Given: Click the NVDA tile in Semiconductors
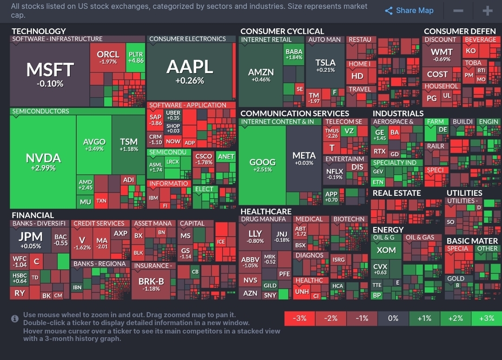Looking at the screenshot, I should tap(43, 161).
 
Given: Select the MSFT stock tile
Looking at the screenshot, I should tap(50, 74).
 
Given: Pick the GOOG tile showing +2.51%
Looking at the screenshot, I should tap(263, 165).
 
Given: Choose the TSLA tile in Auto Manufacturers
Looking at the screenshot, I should tap(325, 65).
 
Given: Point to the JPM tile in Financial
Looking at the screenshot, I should tap(30, 240).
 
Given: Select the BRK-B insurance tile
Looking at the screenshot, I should tap(151, 284).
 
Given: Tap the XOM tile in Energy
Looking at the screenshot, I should tap(386, 250).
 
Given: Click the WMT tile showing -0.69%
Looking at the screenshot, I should tap(442, 55).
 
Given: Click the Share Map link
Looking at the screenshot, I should tap(409, 11).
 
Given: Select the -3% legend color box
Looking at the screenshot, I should tap(299, 319).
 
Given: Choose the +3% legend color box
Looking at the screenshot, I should tap(486, 319).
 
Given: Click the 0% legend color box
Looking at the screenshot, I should tap(393, 319).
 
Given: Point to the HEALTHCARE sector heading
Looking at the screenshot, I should tap(266, 212).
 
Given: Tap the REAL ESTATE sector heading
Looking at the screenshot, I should tap(396, 193).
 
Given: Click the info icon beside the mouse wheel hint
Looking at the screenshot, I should tap(15, 319).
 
